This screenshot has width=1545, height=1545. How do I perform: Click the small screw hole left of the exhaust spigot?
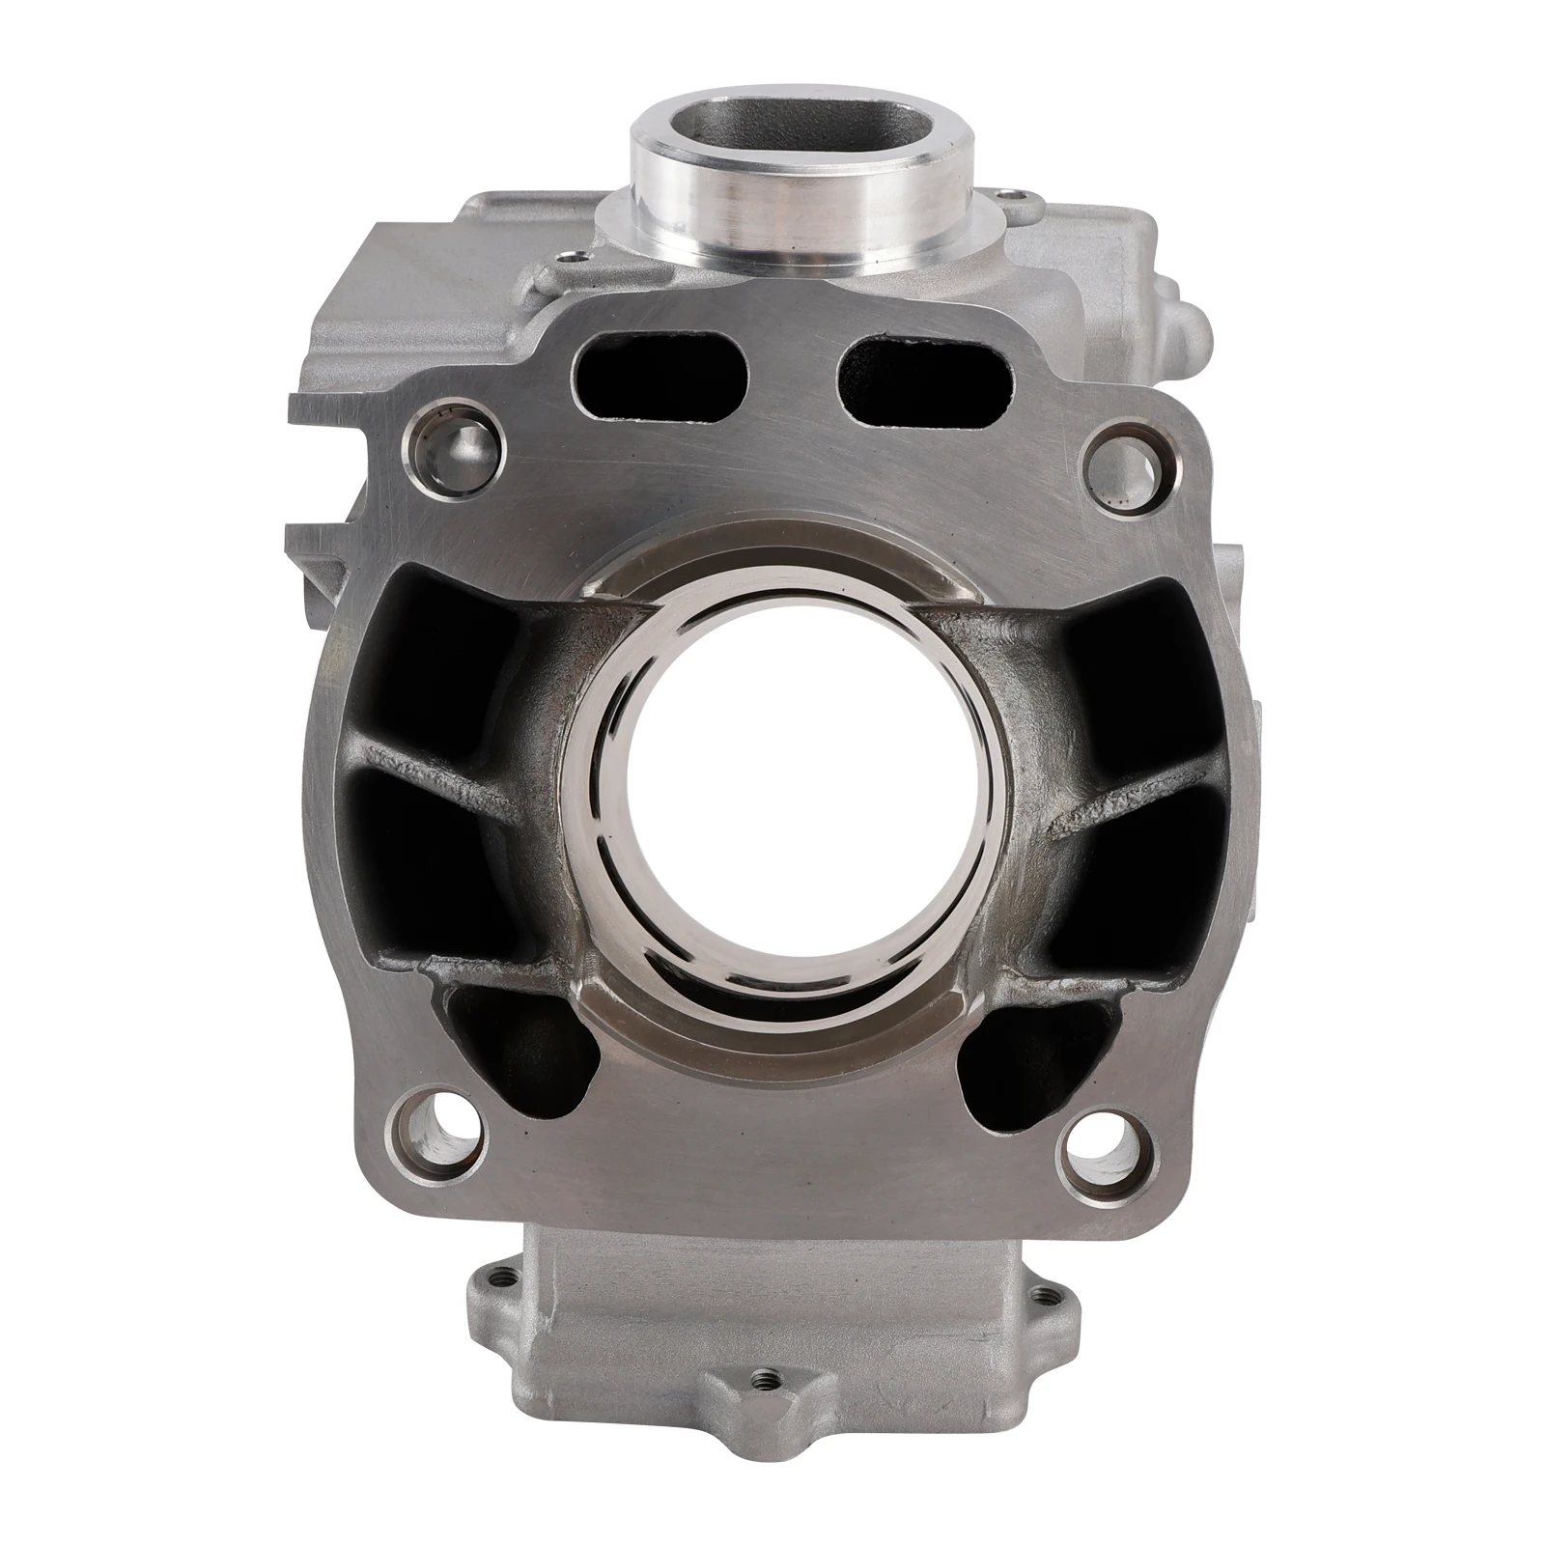576,257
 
